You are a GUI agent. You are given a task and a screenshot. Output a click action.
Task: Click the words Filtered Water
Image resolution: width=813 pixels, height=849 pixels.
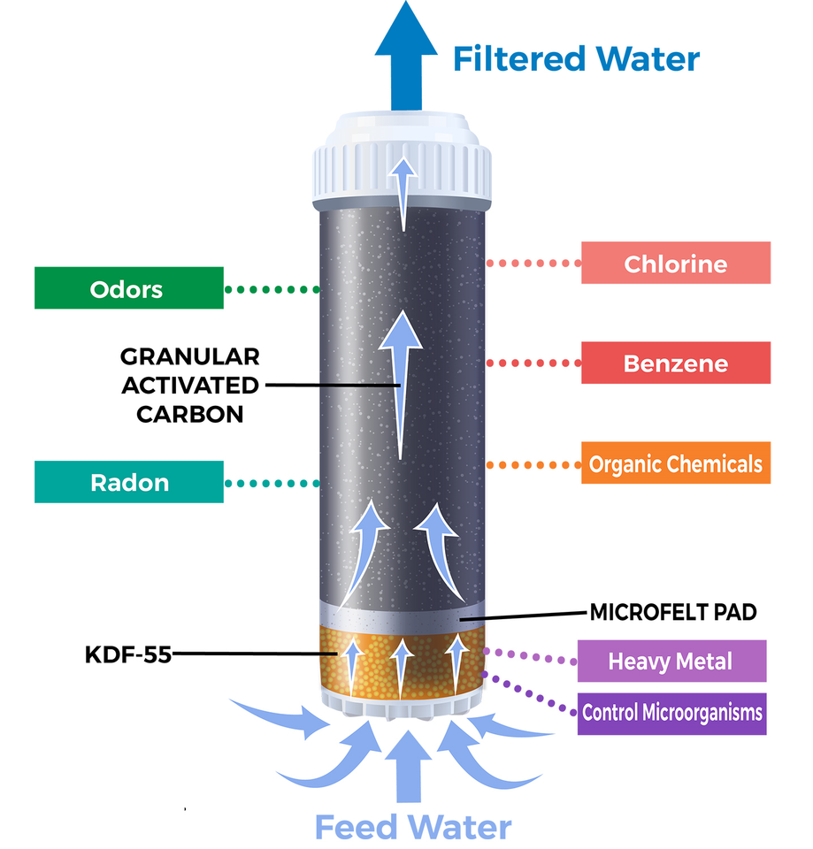[x=576, y=58]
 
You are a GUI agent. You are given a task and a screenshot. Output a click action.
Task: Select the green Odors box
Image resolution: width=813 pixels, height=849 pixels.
[x=128, y=289]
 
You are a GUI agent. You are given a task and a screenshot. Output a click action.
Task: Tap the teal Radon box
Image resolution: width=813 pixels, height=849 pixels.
[x=128, y=483]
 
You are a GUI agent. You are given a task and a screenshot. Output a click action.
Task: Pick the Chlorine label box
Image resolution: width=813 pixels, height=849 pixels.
[x=675, y=264]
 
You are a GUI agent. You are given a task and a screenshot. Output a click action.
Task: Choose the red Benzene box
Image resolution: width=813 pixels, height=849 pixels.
[x=675, y=363]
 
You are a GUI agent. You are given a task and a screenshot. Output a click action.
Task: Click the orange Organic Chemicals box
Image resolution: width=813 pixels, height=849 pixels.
[x=675, y=463]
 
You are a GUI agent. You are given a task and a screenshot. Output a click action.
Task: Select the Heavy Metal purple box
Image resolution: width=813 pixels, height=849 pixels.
[x=670, y=661]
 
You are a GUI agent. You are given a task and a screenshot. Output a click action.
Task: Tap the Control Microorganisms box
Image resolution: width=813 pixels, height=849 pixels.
[x=671, y=713]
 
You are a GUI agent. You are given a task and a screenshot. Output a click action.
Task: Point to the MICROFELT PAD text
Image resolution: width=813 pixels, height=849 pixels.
[x=672, y=612]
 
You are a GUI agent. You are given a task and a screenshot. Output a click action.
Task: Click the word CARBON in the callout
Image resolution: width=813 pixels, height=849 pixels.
[x=189, y=414]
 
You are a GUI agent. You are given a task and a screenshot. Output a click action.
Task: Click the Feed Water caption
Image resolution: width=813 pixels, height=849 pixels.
[x=413, y=828]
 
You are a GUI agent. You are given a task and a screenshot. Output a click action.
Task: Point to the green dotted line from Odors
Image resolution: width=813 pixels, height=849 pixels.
[x=272, y=289]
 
